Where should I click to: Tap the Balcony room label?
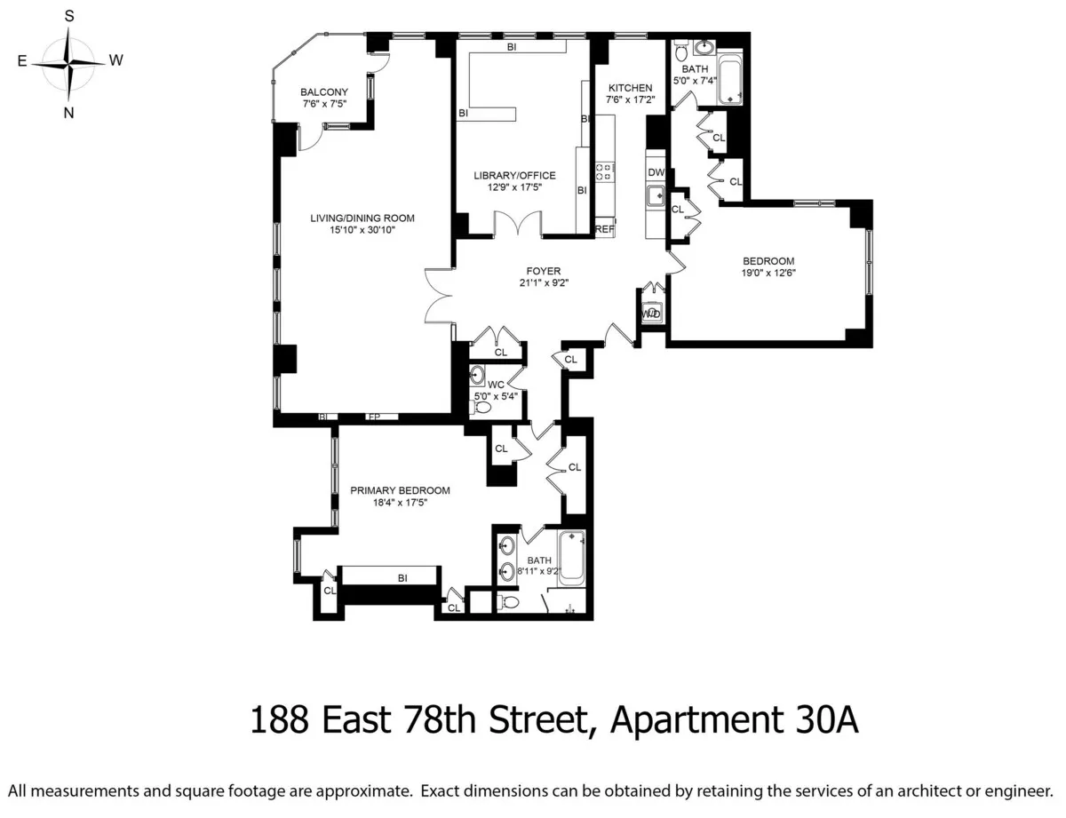click(323, 92)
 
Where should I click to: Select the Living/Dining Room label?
click(362, 218)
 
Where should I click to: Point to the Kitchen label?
click(630, 88)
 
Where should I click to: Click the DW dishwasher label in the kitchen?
click(656, 172)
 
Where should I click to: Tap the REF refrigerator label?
click(605, 229)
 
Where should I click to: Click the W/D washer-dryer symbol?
click(652, 314)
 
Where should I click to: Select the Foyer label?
click(542, 271)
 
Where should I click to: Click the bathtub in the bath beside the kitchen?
click(730, 80)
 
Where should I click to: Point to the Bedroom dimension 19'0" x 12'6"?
click(768, 273)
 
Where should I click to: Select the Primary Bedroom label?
click(400, 490)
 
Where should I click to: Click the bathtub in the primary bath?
click(571, 560)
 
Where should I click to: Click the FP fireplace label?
click(374, 417)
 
